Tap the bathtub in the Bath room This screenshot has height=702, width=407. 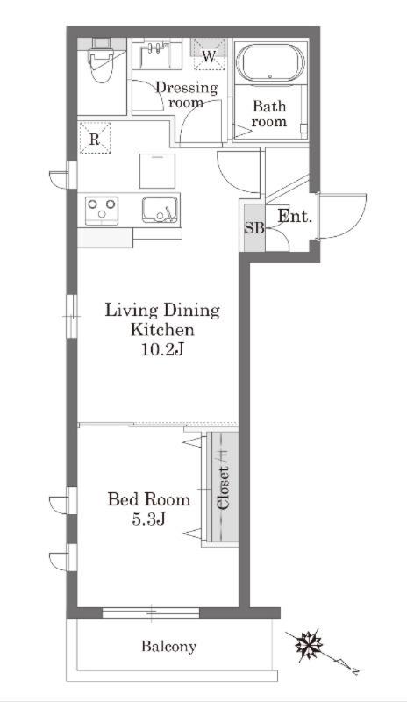coord(270,62)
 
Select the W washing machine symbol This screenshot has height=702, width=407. coord(208,54)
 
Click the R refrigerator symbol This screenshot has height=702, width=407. coord(95,138)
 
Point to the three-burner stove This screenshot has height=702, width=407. coord(102,211)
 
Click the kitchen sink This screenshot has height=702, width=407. coord(160,210)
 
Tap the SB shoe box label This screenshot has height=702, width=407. coord(253,228)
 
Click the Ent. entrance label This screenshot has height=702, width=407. coord(294,217)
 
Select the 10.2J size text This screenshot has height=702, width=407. coord(162,349)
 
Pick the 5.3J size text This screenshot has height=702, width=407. coord(149,519)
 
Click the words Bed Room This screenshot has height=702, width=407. coord(148,498)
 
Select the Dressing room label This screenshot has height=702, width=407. coord(186,95)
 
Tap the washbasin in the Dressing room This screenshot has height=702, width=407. coord(157,54)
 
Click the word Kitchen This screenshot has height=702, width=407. coord(162,330)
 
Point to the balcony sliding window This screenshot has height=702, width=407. coord(151,612)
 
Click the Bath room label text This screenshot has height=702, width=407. coord(269,114)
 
